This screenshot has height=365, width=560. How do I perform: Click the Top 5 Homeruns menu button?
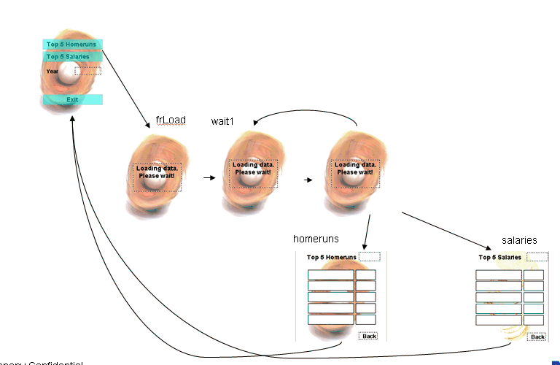pos(72,45)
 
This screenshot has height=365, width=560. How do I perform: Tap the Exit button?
pos(72,99)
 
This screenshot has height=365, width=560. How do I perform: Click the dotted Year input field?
pos(88,71)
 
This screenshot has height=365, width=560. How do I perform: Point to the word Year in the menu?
pos(52,72)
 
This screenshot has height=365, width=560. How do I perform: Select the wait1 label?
pos(222,120)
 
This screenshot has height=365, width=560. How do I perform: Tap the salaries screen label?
pos(519,240)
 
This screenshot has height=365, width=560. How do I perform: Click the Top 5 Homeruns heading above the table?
pos(331,257)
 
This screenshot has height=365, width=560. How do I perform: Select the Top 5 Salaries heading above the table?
pos(499,257)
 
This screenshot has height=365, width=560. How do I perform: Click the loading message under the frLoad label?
pos(157,172)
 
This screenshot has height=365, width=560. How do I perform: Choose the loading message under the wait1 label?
pos(252,169)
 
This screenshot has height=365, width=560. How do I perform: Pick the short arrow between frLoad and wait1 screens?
pos(209,177)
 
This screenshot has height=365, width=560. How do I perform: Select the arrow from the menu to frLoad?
pos(125,86)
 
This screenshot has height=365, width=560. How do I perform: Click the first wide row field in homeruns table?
pos(330,274)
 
